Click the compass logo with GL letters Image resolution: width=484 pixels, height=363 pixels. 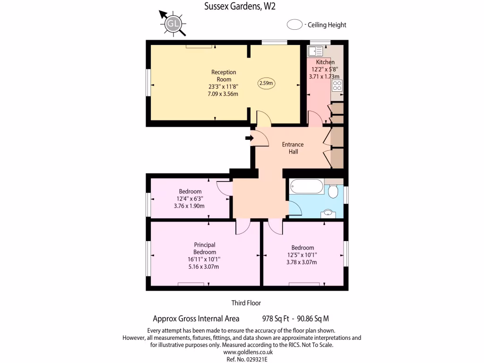173,24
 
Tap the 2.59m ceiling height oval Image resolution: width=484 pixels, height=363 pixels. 267,83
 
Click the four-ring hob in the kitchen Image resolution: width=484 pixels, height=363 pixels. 337,86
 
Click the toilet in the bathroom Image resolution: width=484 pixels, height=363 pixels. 332,190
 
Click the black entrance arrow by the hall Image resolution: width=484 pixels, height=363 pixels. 249,138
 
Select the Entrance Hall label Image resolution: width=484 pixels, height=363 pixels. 293,148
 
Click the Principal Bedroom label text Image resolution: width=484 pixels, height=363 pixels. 205,248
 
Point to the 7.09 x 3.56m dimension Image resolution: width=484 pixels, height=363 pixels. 223,94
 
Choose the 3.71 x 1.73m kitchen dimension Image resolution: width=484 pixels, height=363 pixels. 324,76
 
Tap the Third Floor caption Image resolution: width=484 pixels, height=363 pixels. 246,303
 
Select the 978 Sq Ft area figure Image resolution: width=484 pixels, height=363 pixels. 275,319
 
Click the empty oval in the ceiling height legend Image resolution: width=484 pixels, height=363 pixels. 295,25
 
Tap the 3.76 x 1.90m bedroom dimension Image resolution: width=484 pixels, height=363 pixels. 190,206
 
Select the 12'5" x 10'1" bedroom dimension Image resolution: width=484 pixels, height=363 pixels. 302,255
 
